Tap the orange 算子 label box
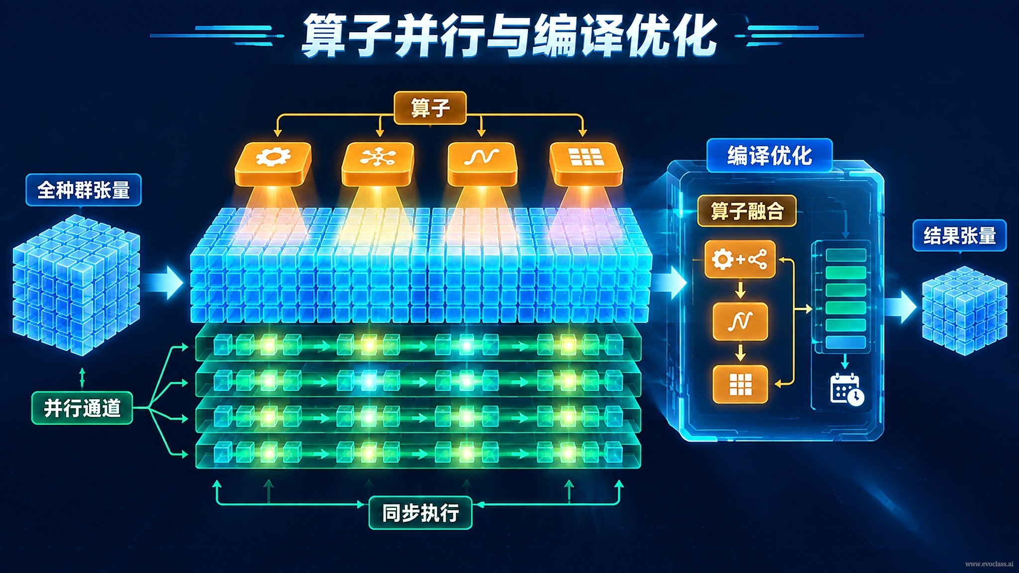point(430,108)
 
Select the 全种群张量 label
point(84,190)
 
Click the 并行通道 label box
point(82,408)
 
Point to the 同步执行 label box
point(420,513)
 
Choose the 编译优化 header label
point(770,156)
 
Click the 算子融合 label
point(747,211)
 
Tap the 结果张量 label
point(960,235)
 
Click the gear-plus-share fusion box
point(740,259)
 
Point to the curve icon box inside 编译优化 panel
point(740,322)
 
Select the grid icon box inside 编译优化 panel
point(740,384)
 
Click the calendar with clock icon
point(847,389)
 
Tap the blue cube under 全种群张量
point(76,285)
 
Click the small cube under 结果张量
point(964,310)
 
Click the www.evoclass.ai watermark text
point(989,564)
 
